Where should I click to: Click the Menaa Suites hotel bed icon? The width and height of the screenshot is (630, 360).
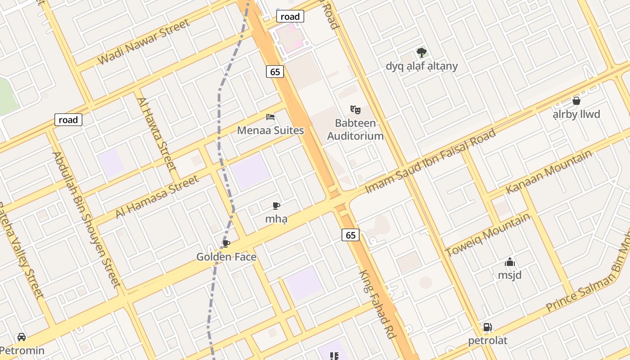coord(270,117)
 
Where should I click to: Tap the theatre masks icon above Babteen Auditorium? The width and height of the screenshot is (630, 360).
coord(355,109)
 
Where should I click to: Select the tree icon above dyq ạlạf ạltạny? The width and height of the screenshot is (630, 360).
coord(421,53)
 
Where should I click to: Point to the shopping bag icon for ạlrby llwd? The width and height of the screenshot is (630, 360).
coord(576,101)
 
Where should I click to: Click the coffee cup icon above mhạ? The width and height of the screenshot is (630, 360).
coord(276,206)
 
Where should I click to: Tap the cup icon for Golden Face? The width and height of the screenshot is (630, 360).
coord(226,243)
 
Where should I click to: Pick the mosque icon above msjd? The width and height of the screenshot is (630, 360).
coord(509,262)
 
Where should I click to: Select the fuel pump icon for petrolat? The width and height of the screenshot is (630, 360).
coord(487,327)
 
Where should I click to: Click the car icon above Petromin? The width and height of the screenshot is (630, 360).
coord(21,337)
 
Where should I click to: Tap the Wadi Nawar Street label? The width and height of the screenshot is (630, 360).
coord(144,42)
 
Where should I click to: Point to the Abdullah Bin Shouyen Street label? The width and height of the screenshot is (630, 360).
coord(86,220)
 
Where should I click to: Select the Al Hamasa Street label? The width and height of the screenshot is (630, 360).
coord(157,197)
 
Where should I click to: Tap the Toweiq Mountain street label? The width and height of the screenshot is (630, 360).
coord(488,235)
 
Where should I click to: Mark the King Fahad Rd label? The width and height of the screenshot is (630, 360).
coord(377,305)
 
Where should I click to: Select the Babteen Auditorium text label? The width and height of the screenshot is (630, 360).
coord(355,130)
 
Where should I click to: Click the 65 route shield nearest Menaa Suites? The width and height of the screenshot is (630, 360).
coord(275,72)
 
